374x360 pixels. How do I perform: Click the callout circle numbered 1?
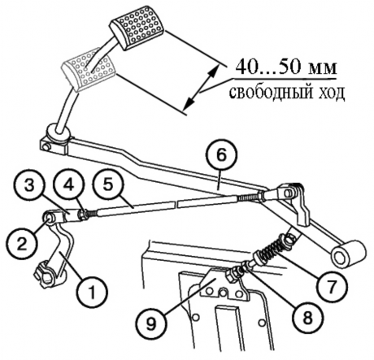coord(92,293)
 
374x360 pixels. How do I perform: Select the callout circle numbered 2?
coord(21,244)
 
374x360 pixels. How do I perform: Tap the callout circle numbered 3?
coord(29,186)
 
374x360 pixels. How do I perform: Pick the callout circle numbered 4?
coord(69,186)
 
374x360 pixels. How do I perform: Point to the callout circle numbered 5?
coord(108,186)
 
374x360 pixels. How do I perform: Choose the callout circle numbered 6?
coord(221,155)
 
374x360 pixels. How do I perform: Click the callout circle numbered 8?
coord(307,318)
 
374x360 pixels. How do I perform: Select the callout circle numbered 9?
coord(151,323)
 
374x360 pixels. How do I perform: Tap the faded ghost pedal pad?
coord(89,70)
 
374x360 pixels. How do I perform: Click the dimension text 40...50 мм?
coord(286,67)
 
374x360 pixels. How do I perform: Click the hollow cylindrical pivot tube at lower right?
coord(346,254)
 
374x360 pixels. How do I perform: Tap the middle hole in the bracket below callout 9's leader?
coord(223,293)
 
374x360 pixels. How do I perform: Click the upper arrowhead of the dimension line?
coord(214,69)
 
